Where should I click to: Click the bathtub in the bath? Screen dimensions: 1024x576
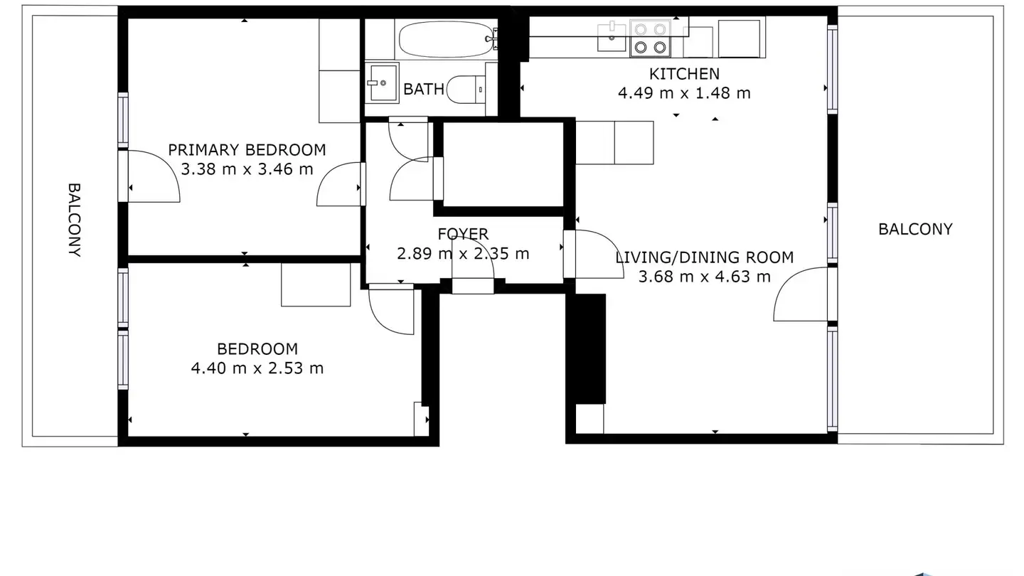pyautogui.click(x=446, y=39)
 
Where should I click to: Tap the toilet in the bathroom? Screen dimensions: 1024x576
pyautogui.click(x=466, y=90)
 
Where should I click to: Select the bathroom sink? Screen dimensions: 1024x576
pyautogui.click(x=382, y=82)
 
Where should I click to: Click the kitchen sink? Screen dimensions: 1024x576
pyautogui.click(x=612, y=36)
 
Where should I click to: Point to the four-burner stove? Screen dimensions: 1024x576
pyautogui.click(x=650, y=38)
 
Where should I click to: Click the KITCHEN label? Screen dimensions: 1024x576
pyautogui.click(x=684, y=74)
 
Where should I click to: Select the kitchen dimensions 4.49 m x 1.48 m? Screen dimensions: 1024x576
pyautogui.click(x=684, y=93)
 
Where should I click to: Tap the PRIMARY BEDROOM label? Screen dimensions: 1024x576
pyautogui.click(x=247, y=150)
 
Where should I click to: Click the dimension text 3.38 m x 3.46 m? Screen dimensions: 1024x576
pyautogui.click(x=247, y=169)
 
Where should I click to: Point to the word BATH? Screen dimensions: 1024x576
pyautogui.click(x=424, y=89)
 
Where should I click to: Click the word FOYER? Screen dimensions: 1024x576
pyautogui.click(x=463, y=234)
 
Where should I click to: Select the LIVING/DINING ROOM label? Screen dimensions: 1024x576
pyautogui.click(x=705, y=257)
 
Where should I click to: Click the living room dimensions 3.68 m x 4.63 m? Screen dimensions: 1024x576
pyautogui.click(x=705, y=277)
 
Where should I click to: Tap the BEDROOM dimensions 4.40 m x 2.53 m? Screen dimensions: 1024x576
pyautogui.click(x=257, y=368)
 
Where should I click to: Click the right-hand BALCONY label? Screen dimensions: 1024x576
pyautogui.click(x=916, y=229)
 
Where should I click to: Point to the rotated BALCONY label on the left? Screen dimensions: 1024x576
pyautogui.click(x=75, y=220)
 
